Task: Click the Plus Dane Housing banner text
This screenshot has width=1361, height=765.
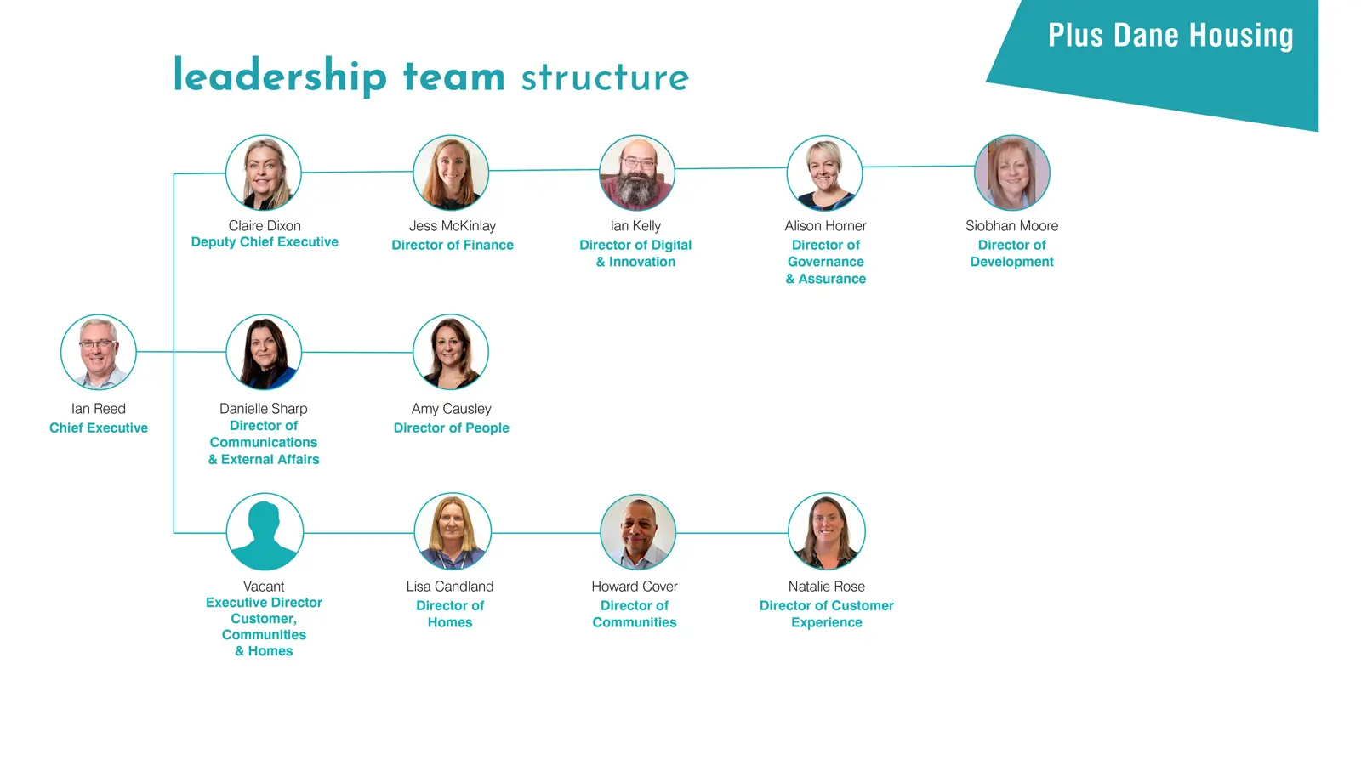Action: (x=1170, y=35)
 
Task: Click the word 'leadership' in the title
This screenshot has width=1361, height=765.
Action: (x=280, y=76)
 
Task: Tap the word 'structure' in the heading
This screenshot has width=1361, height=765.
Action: (x=605, y=78)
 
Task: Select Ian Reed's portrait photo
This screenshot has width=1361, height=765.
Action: (x=99, y=352)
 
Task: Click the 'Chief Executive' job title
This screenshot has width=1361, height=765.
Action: (x=99, y=428)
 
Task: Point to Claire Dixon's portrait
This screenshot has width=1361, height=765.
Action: (x=264, y=173)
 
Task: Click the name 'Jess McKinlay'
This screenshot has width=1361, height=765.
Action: (x=453, y=226)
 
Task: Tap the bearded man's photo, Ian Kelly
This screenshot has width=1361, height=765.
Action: (x=637, y=173)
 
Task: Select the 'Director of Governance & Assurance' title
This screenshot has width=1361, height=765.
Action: (x=826, y=262)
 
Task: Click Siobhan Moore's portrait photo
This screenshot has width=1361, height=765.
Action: (x=1012, y=173)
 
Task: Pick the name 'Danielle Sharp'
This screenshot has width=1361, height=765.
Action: (x=264, y=409)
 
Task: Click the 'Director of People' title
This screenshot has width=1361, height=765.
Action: (x=452, y=428)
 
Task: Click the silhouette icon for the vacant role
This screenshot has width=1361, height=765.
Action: (x=265, y=532)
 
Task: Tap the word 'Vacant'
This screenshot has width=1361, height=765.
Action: (x=264, y=586)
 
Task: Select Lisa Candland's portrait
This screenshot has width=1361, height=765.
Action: (x=453, y=532)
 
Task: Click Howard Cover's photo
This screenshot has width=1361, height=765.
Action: (x=638, y=532)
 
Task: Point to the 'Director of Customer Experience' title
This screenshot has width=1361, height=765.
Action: (x=826, y=614)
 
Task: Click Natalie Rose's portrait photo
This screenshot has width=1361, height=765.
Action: (x=826, y=532)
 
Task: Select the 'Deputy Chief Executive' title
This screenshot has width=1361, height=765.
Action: (x=265, y=242)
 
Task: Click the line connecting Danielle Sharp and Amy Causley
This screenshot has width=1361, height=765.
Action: (x=357, y=352)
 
